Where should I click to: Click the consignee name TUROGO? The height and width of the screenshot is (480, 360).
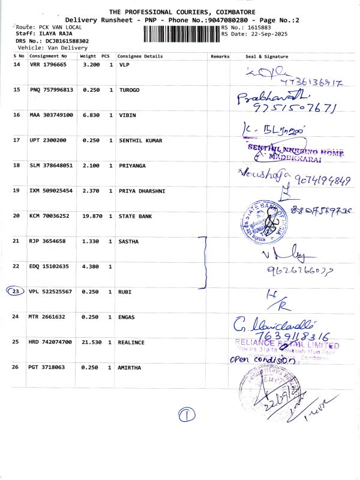point(130,89)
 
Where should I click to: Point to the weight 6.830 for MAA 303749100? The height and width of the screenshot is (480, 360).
point(88,115)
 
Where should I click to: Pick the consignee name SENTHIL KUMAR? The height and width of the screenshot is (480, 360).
point(140,140)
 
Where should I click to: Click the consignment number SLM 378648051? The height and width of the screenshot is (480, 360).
point(51,165)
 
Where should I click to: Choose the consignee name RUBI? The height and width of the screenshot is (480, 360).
point(126,292)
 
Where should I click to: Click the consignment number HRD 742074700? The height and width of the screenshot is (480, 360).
point(51,341)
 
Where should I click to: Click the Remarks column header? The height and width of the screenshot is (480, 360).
point(220,56)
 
